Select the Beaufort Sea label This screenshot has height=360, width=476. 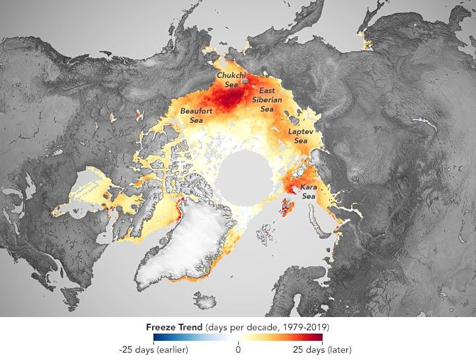click(196, 116)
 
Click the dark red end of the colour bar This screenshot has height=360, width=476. click(319, 338)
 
